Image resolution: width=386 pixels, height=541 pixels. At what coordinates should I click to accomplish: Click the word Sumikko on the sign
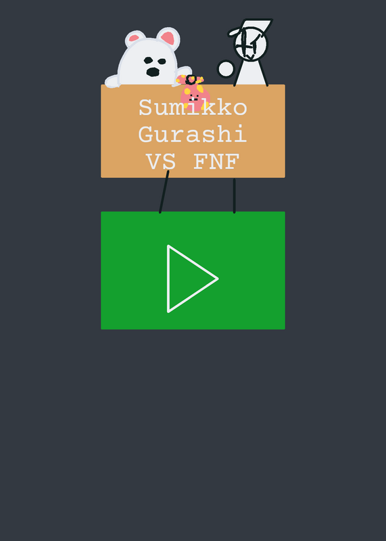click(193, 108)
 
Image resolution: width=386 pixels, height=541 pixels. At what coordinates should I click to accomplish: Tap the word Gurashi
click(193, 134)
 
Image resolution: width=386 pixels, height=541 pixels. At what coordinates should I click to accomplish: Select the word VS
click(161, 162)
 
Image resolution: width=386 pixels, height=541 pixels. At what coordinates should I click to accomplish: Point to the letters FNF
click(216, 162)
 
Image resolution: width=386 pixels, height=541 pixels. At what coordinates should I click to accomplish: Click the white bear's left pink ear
click(134, 38)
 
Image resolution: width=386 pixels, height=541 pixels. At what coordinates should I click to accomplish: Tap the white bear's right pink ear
click(168, 37)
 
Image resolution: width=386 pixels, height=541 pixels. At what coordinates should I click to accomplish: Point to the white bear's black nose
click(153, 72)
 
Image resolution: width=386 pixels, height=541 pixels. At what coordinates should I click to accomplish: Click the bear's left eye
click(148, 60)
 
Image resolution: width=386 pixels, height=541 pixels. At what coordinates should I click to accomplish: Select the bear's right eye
click(162, 62)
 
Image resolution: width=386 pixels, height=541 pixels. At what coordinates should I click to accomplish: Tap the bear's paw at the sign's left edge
click(112, 82)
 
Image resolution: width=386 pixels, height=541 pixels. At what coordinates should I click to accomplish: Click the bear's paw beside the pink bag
click(183, 72)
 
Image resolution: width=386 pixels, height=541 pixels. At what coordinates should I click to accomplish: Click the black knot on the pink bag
click(191, 80)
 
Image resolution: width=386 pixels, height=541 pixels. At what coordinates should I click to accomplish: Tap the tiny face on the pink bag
click(193, 97)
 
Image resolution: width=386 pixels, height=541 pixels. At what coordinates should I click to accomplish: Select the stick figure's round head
click(251, 44)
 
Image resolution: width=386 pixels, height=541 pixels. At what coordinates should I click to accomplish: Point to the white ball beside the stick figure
click(226, 69)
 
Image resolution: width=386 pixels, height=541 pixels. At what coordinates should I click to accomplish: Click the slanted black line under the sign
click(164, 192)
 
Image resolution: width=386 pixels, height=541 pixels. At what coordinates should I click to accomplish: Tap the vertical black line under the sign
click(234, 195)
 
